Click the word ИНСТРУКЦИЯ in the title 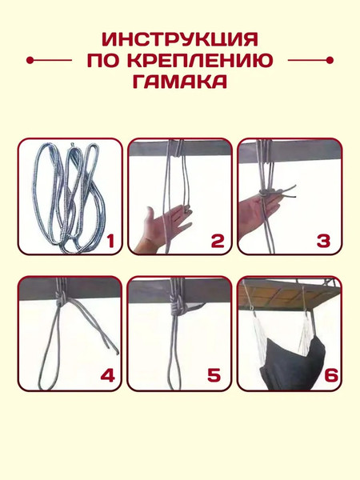click(x=180, y=39)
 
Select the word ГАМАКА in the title click(x=180, y=81)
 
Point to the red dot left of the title click(x=30, y=60)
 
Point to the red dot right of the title click(x=330, y=60)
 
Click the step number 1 click(x=110, y=242)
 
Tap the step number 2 click(x=218, y=242)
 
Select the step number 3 click(x=323, y=242)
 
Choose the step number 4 click(x=108, y=375)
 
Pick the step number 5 click(x=214, y=375)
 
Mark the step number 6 click(x=331, y=375)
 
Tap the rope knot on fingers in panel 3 click(x=265, y=193)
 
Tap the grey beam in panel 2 click(x=180, y=148)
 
